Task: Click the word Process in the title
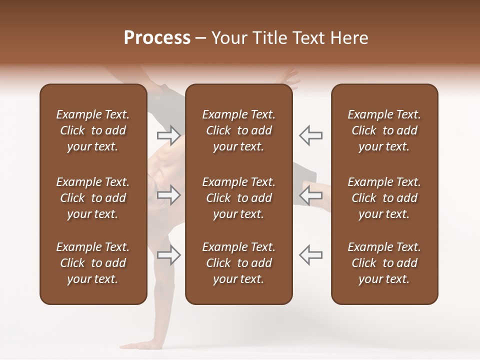[x=157, y=38]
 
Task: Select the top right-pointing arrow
[x=169, y=135]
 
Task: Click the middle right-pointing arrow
[x=169, y=195]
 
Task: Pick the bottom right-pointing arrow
[x=169, y=255]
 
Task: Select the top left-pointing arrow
[x=310, y=135]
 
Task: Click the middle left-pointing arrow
[x=310, y=195]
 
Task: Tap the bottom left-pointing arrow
[x=310, y=255]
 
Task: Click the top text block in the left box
[x=93, y=130]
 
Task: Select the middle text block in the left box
[x=93, y=198]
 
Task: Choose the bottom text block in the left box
[x=93, y=263]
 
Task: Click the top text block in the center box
[x=238, y=130]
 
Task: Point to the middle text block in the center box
[x=238, y=198]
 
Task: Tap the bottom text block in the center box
[x=238, y=263]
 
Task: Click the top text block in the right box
[x=384, y=130]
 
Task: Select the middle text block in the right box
[x=384, y=198]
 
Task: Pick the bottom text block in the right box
[x=384, y=263]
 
